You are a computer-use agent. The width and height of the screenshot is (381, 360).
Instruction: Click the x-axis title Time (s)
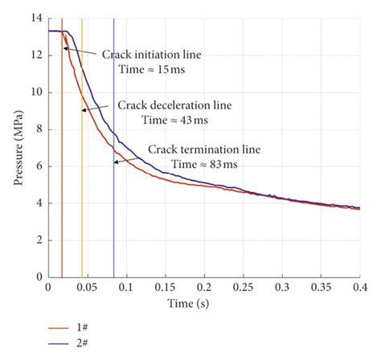[x=204, y=304]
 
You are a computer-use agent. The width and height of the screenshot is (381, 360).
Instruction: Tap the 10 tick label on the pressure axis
[x=35, y=92]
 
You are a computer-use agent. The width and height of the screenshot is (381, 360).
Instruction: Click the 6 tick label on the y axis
[x=38, y=166]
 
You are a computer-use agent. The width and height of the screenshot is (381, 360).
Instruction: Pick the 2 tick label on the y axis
[x=38, y=240]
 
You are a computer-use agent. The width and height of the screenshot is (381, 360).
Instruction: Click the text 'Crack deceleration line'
[x=170, y=104]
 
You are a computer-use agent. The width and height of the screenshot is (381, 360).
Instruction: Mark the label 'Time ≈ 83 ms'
[x=203, y=164]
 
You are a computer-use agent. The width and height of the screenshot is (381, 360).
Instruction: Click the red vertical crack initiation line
[x=62, y=201]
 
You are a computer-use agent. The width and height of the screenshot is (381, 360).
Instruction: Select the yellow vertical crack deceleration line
[x=82, y=201]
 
